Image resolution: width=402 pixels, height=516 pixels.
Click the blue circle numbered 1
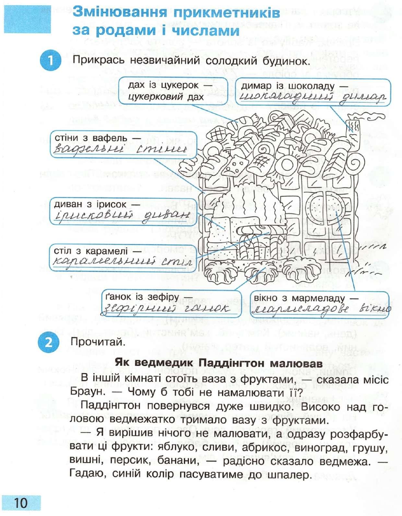coord(51,60)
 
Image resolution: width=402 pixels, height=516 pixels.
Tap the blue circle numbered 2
coord(48,342)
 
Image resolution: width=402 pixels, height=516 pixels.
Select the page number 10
coord(21,503)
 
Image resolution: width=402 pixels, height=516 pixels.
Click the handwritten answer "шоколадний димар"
coord(313,97)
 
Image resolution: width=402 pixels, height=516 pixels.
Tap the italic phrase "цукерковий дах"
coord(166,97)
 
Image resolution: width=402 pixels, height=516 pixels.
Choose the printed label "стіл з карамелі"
coord(93,251)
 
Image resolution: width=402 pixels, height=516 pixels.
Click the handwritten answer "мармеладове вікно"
coord(321,309)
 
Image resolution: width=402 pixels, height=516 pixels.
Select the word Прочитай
coord(98,342)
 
